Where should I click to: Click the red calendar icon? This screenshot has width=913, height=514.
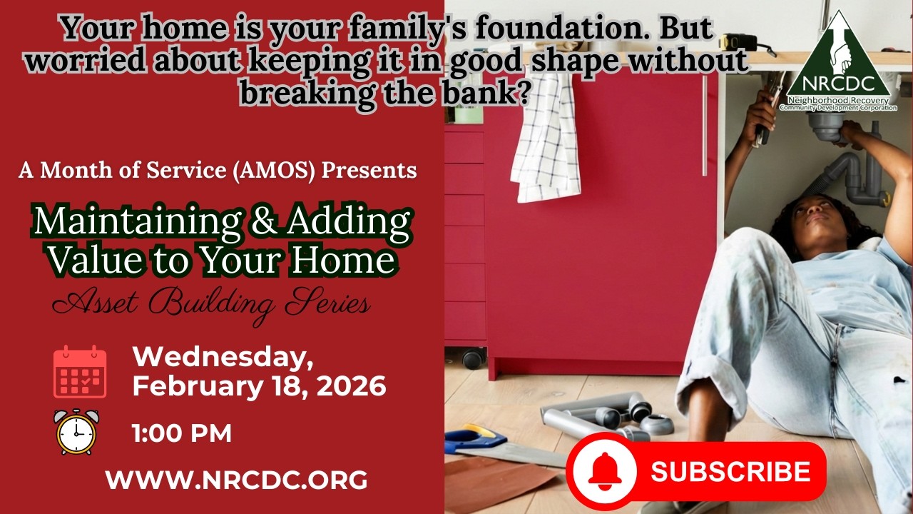(80, 372)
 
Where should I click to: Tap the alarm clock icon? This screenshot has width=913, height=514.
(76, 432)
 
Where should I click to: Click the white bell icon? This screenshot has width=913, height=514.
(604, 472)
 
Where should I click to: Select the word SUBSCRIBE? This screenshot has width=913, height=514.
(730, 472)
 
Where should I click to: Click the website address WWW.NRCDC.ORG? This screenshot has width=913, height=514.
(236, 480)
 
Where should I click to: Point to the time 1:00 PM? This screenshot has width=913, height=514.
(182, 433)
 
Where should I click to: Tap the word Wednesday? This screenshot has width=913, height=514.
(223, 356)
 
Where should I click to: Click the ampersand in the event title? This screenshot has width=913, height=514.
(264, 223)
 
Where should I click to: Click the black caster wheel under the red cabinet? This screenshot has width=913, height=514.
(472, 357)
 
